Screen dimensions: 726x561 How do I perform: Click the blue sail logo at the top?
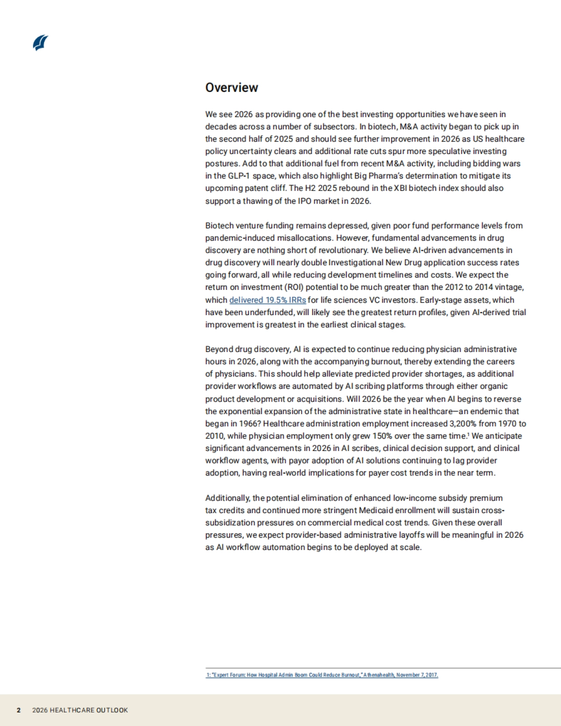tap(41, 42)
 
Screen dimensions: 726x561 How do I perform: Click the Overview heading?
tap(231, 88)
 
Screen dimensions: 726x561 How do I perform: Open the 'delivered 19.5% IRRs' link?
tap(267, 300)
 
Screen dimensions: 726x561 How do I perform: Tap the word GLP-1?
tap(239, 176)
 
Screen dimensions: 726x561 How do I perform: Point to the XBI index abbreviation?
tap(401, 188)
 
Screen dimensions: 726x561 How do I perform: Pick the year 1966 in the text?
tap(251, 423)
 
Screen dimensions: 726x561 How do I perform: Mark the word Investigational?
tap(356, 262)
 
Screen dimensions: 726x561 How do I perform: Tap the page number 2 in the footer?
tap(19, 710)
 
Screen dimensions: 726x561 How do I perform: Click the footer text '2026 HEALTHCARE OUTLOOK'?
tap(80, 710)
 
